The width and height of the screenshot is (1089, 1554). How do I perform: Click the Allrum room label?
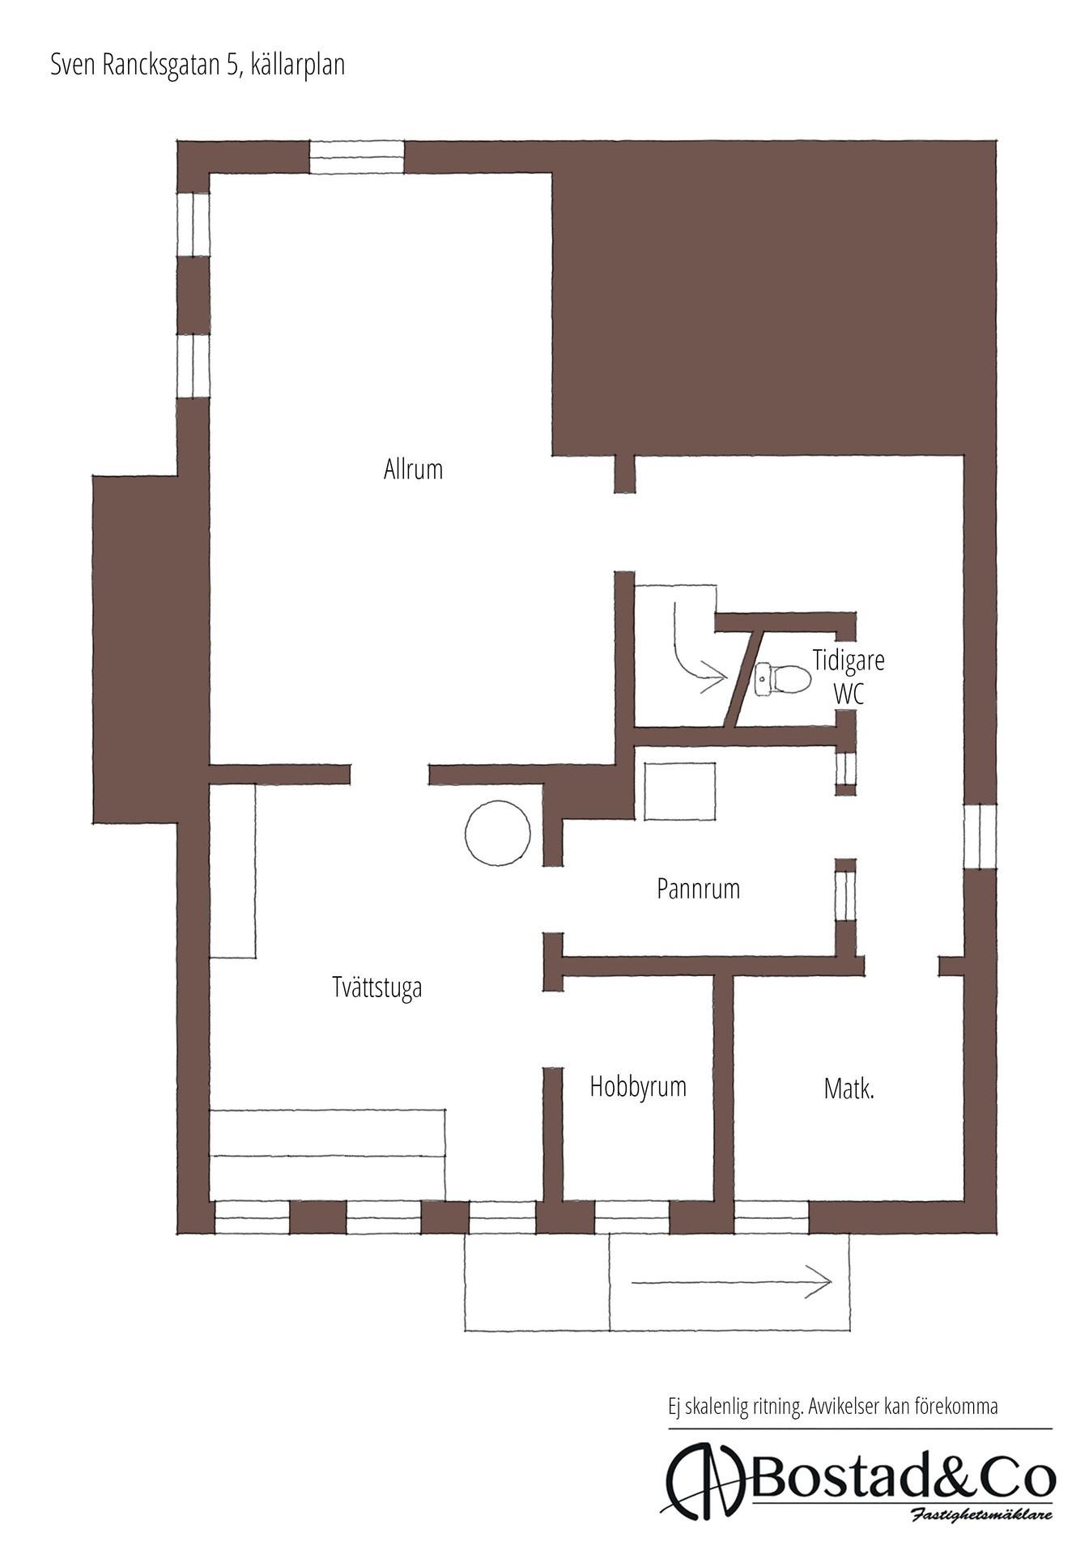coord(413,469)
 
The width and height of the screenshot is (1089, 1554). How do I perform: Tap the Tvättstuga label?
coord(377,988)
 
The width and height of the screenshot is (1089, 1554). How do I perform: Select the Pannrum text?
coord(698,889)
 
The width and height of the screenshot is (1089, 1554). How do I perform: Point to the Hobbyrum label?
coord(638,1086)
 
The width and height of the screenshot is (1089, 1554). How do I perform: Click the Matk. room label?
coord(849,1089)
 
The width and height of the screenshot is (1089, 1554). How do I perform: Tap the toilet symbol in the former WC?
coord(782,678)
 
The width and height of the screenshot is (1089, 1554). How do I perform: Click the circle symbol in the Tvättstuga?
coord(498,833)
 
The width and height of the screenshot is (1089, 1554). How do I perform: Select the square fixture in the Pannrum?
coord(680,791)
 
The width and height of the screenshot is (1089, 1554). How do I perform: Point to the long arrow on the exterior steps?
coord(731,1281)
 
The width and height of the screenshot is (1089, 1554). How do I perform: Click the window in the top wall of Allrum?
coord(357,157)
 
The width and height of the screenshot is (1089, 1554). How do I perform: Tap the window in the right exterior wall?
coord(980,837)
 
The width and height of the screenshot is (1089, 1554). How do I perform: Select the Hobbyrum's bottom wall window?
coord(632,1217)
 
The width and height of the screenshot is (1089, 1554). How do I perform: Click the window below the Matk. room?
coord(772,1217)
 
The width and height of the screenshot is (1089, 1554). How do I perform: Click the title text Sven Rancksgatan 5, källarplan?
coord(198,65)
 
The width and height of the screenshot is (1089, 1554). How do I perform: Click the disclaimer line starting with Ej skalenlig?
coord(832,1406)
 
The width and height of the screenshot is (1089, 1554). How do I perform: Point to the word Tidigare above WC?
coord(849,660)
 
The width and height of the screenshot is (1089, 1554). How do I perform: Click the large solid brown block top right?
coord(773,299)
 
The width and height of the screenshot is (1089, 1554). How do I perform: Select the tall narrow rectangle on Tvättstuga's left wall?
coord(233,871)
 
